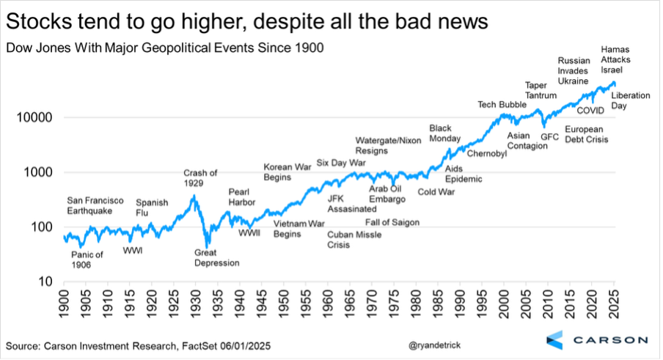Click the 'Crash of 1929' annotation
[200, 178]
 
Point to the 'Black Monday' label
[444, 133]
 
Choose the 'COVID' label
[589, 111]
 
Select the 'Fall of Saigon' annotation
[396, 222]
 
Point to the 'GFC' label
[549, 136]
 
